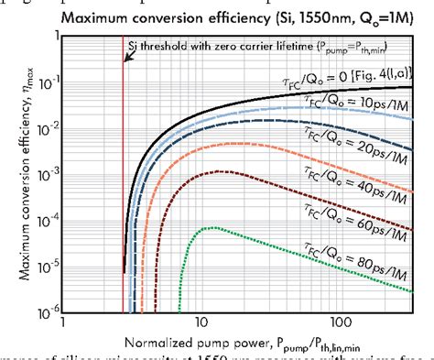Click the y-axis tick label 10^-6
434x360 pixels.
click(x=42, y=311)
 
